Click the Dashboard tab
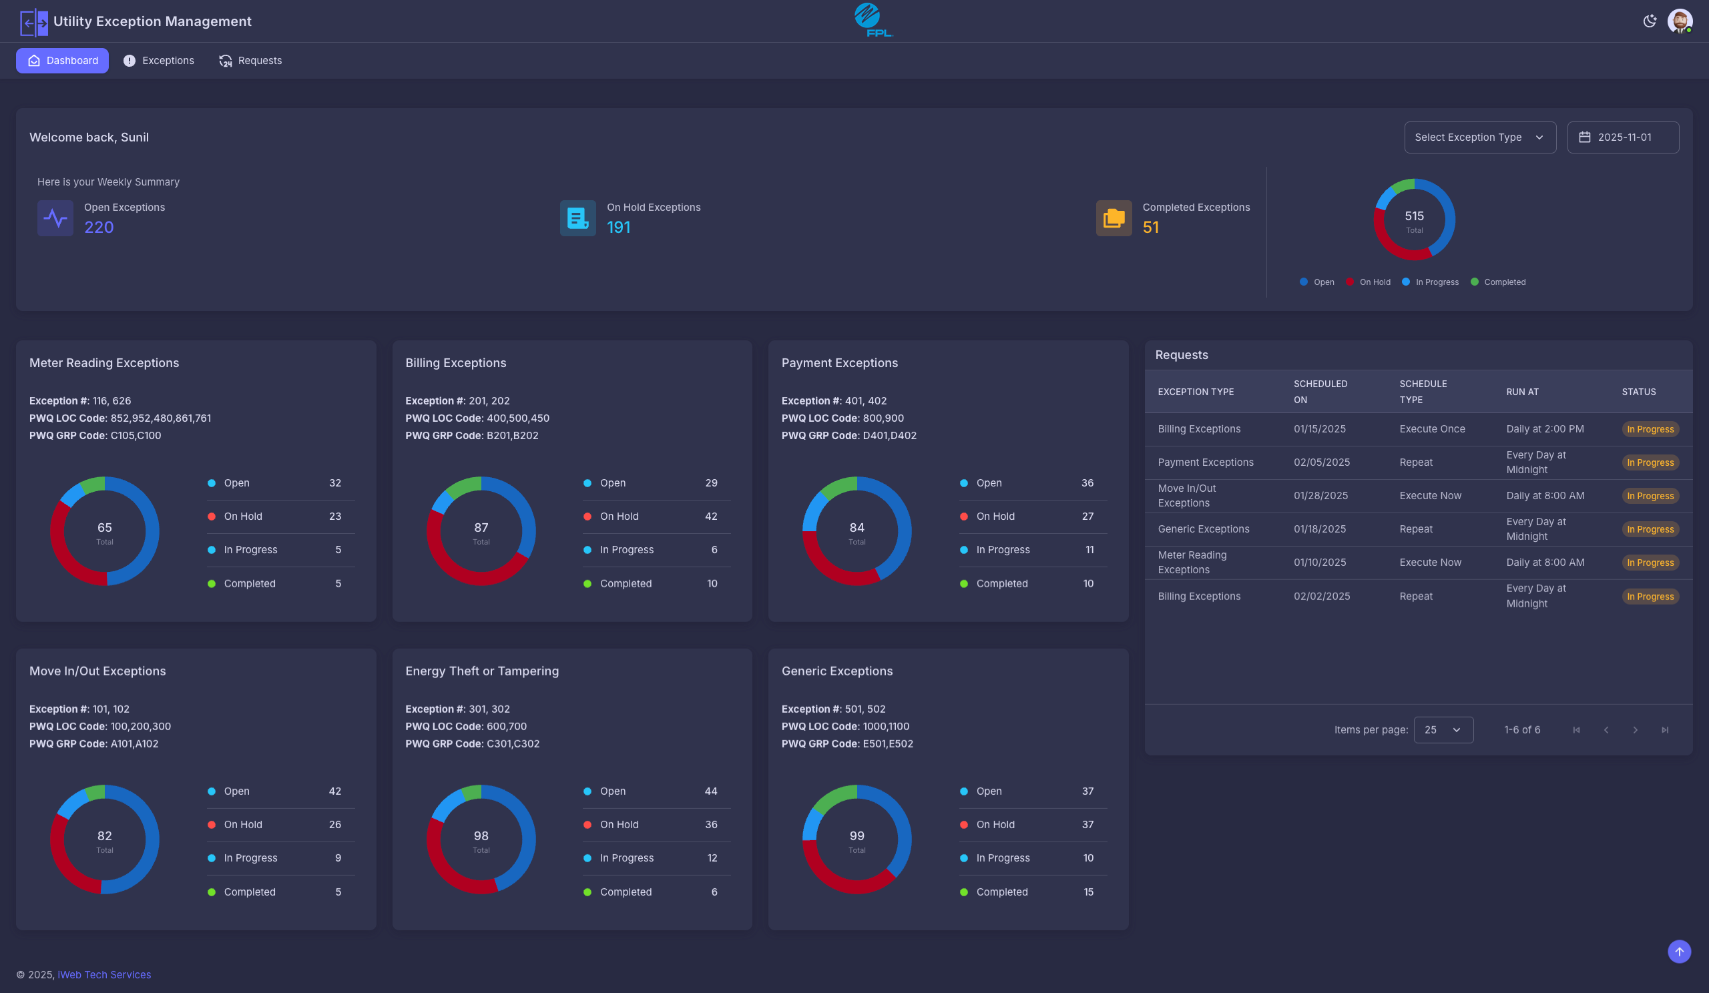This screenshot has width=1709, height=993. (62, 60)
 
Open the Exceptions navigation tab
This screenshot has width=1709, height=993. (159, 60)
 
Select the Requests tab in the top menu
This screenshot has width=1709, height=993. (250, 60)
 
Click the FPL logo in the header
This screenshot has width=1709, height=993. (872, 20)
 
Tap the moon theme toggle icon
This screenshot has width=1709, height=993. (1650, 21)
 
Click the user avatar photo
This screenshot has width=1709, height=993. (1679, 21)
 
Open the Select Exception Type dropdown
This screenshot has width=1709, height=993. (1480, 137)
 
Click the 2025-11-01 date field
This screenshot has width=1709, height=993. (1623, 137)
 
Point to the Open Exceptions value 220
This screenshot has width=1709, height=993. (99, 228)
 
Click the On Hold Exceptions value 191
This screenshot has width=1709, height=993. (618, 228)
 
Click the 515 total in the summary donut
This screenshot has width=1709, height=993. (1414, 216)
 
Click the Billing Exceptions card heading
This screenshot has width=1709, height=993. (456, 362)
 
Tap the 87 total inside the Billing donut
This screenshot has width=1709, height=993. (481, 528)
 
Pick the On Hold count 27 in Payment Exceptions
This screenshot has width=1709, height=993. (1087, 517)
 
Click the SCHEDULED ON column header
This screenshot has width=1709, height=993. (1320, 392)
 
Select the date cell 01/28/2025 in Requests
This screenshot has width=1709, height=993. (1319, 495)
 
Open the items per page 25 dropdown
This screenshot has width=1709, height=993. (1443, 730)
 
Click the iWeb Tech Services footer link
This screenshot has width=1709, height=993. (104, 975)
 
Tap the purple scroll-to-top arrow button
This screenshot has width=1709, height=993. (1679, 952)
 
